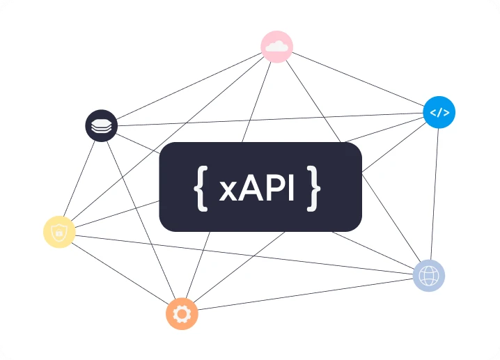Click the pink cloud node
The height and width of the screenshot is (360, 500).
(276, 47)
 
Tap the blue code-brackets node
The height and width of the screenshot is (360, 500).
(439, 111)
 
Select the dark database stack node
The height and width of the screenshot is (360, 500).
(102, 126)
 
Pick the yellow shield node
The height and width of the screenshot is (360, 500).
(59, 232)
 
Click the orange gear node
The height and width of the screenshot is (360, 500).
(182, 314)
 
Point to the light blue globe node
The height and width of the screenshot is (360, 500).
(428, 276)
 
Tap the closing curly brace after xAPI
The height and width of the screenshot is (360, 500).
(314, 187)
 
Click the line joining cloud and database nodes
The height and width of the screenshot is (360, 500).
(188, 87)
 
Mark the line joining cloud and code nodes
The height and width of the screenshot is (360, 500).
(358, 79)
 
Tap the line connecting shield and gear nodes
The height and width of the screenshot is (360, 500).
(120, 272)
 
